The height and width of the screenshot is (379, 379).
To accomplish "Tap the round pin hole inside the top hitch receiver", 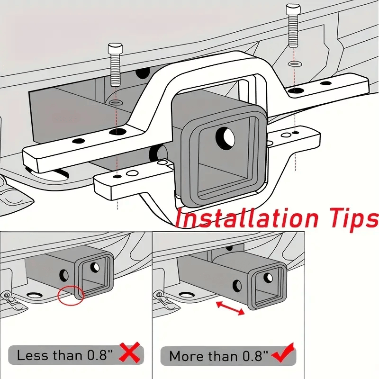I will (226, 137).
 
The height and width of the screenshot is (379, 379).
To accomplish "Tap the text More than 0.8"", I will (218, 355).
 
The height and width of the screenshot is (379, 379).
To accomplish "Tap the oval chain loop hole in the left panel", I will (34, 297).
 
